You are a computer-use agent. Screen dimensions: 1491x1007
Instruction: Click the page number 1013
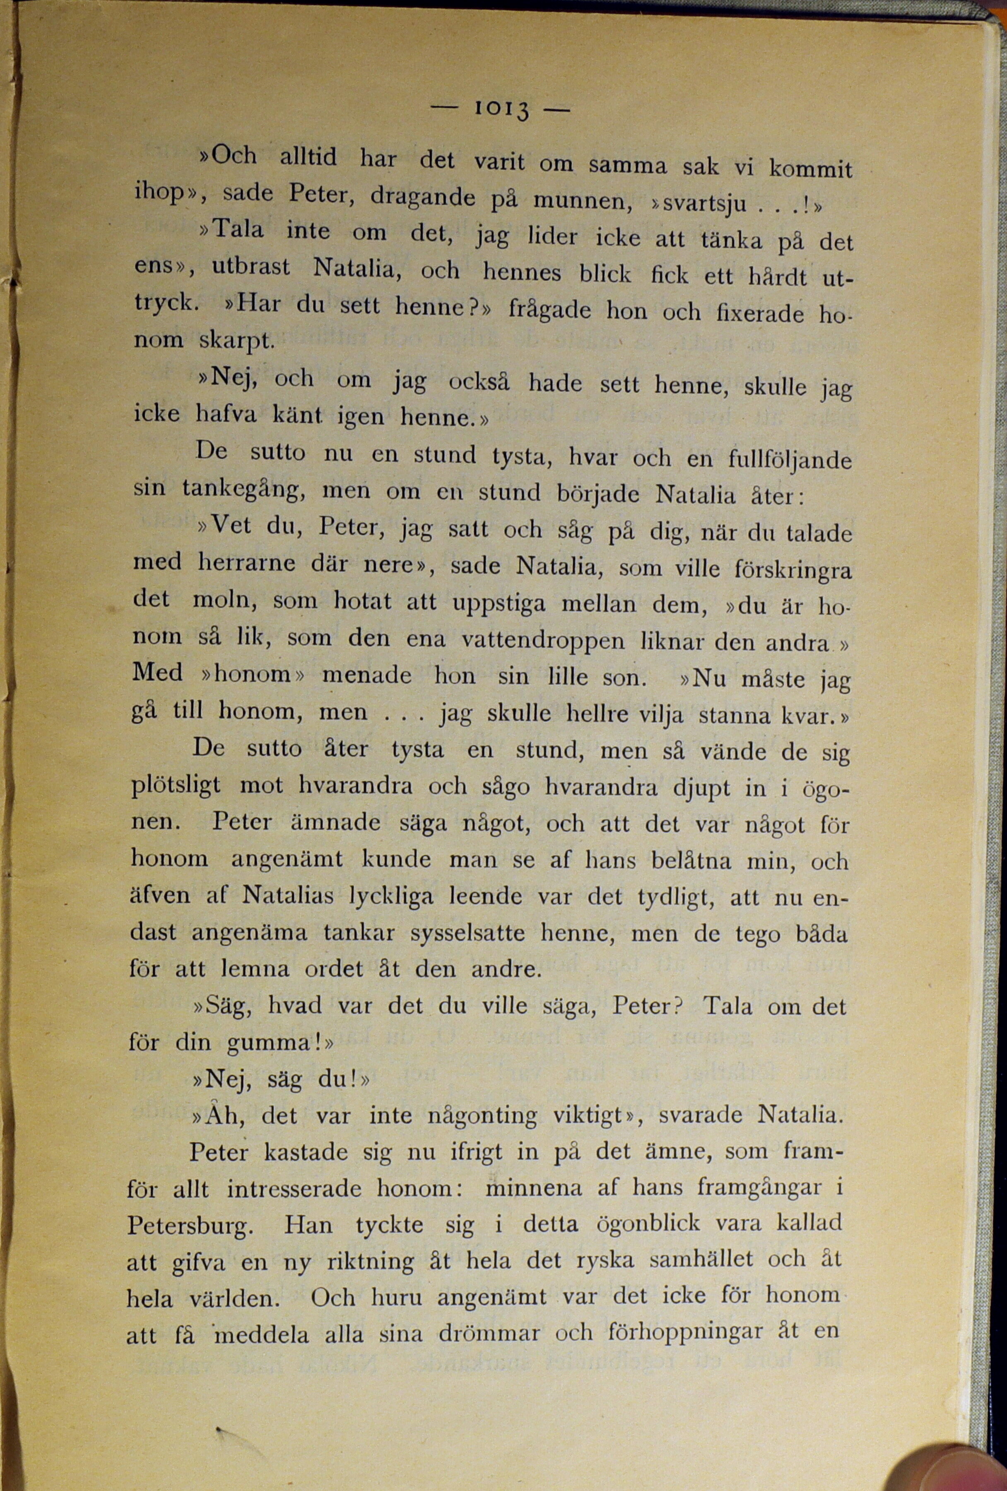[x=501, y=109]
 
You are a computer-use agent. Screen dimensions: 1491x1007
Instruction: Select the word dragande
[x=423, y=198]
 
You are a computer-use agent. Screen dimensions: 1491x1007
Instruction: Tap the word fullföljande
[x=790, y=459]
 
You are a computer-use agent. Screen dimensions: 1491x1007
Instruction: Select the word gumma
[x=272, y=1042]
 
